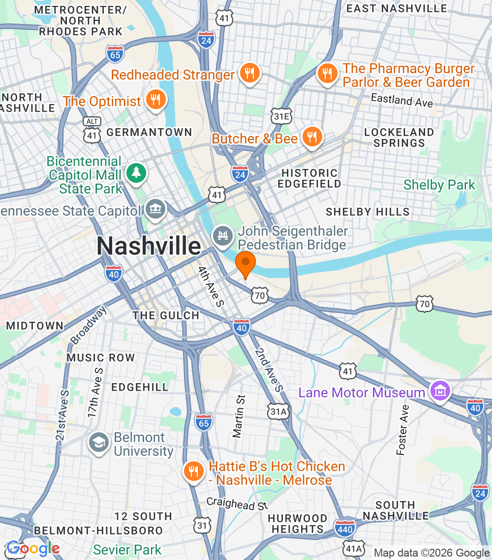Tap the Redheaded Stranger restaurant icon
pos(250,74)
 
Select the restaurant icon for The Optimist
pos(155,101)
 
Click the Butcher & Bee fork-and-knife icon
pos(311,138)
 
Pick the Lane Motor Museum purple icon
pos(440,392)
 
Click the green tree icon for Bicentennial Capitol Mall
pos(135,173)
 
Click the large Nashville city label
pos(149,246)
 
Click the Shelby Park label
pos(439,185)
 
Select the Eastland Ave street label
pos(402,100)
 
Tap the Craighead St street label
pos(237,504)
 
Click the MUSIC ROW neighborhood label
pos(100,358)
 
